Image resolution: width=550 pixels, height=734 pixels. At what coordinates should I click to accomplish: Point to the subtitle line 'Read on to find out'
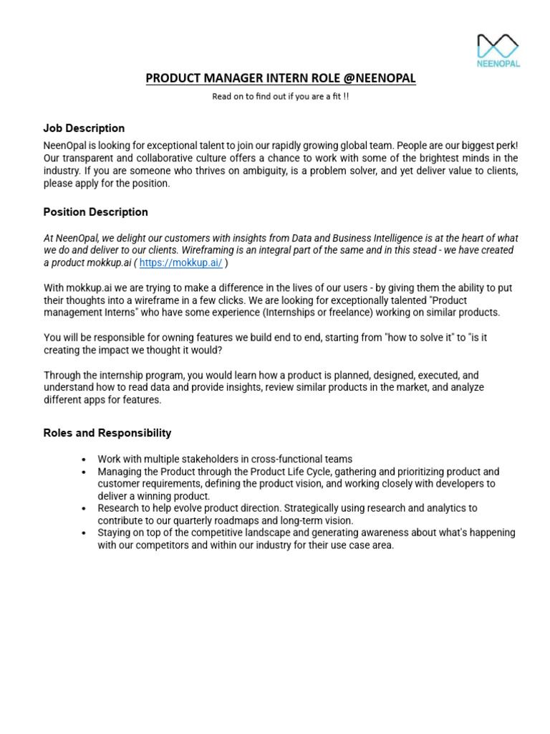click(x=280, y=97)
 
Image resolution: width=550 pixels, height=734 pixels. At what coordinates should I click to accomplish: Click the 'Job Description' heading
click(x=84, y=128)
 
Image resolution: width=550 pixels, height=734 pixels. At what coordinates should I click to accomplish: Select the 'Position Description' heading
click(x=95, y=212)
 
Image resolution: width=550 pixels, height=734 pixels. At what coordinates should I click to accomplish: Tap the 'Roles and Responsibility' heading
click(x=107, y=433)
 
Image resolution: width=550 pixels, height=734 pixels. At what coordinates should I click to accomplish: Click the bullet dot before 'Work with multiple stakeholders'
click(x=85, y=459)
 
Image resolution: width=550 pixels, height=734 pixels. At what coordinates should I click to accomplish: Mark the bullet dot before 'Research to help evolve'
click(x=85, y=508)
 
